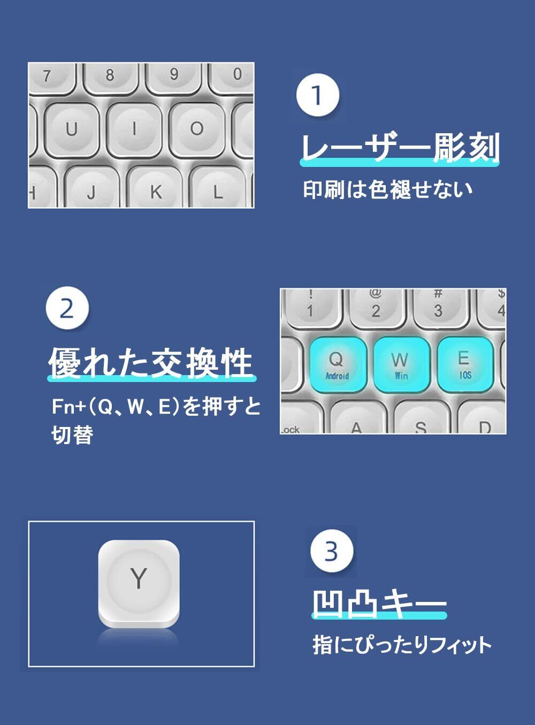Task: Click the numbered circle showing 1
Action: pyautogui.click(x=317, y=95)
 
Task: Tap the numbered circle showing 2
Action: pyautogui.click(x=67, y=308)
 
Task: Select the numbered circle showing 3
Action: pyautogui.click(x=332, y=552)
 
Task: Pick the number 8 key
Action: pyautogui.click(x=110, y=78)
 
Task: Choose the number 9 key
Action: pyautogui.click(x=173, y=78)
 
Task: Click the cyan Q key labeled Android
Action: pyautogui.click(x=338, y=364)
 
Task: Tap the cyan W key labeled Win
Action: pyautogui.click(x=401, y=364)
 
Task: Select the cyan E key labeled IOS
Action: pyautogui.click(x=465, y=364)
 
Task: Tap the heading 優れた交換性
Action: pyautogui.click(x=152, y=362)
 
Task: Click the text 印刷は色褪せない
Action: pyautogui.click(x=388, y=189)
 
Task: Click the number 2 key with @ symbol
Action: pyautogui.click(x=376, y=306)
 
